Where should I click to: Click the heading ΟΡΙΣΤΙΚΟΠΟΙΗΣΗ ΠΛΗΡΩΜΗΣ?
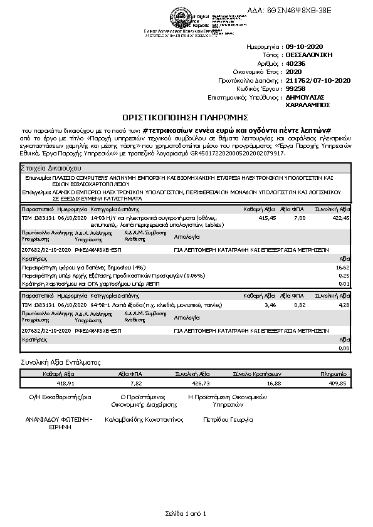click(186, 117)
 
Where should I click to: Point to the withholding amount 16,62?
click(343, 267)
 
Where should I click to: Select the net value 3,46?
click(271, 305)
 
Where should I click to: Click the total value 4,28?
click(343, 305)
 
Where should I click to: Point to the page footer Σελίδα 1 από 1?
click(186, 513)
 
